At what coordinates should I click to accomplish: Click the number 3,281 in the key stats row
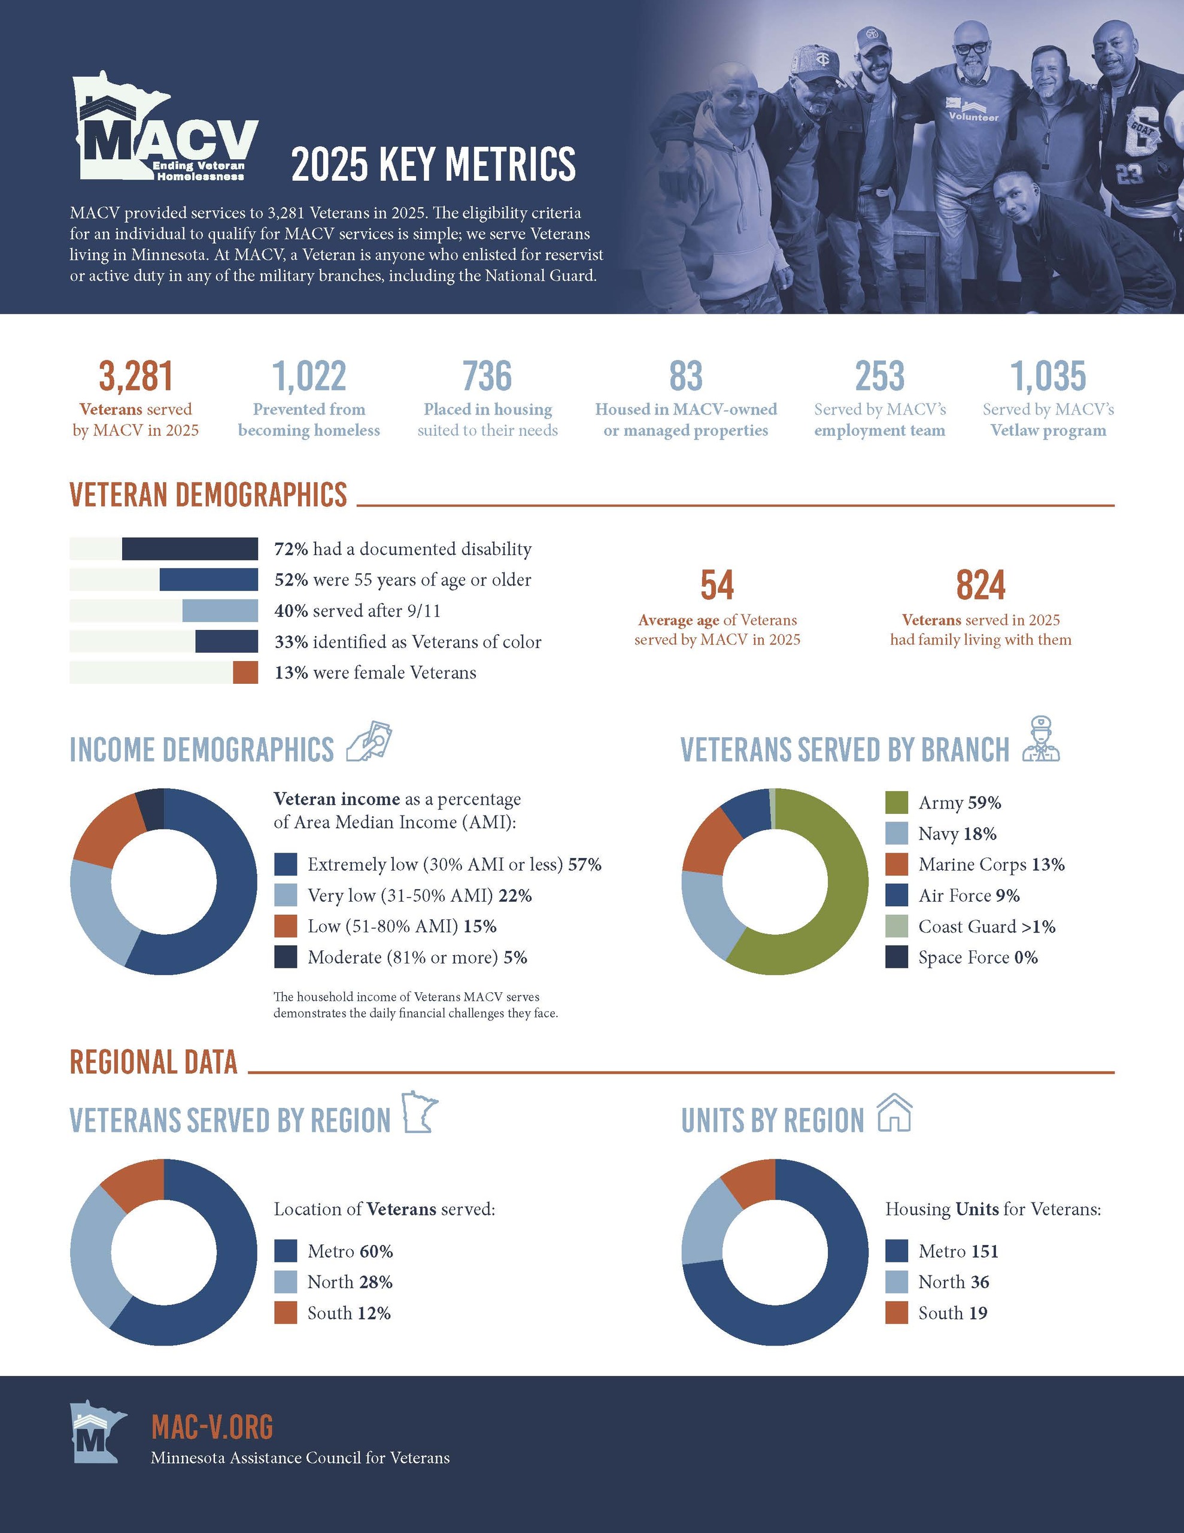click(135, 376)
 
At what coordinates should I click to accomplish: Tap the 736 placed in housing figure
click(487, 376)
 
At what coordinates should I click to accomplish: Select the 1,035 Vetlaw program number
click(1048, 376)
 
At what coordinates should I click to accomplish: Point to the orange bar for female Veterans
click(245, 672)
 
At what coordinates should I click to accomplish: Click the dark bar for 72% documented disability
click(190, 549)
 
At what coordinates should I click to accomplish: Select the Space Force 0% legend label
click(977, 958)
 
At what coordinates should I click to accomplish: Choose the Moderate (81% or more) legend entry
click(417, 958)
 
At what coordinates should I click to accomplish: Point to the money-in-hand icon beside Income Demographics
click(369, 741)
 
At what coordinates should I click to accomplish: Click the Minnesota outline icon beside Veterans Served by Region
click(420, 1112)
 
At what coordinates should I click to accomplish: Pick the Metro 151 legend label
click(958, 1251)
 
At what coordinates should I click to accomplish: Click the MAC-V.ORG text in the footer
click(212, 1427)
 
